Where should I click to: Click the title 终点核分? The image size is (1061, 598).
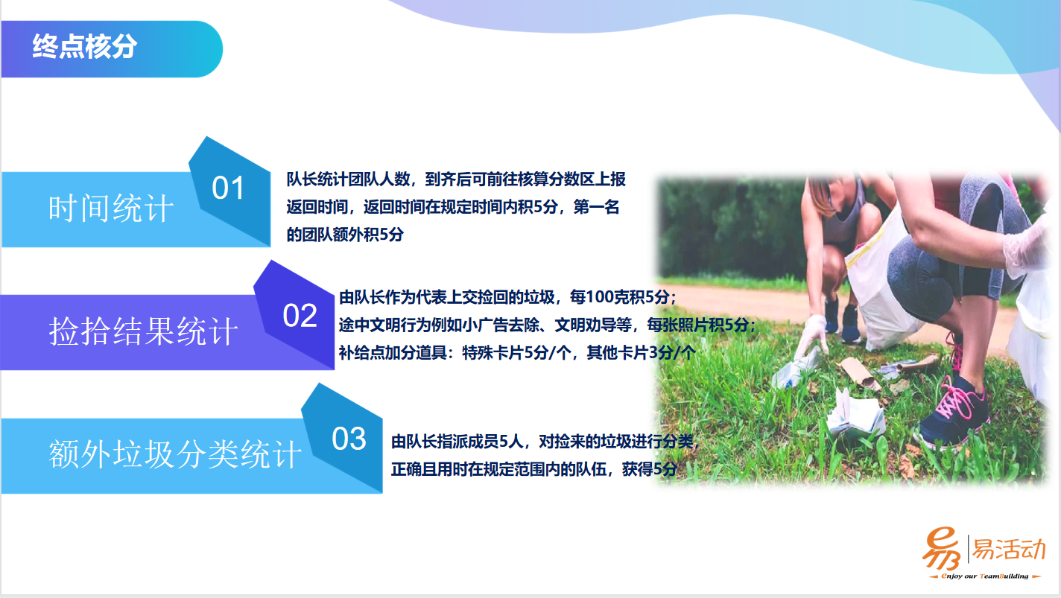pyautogui.click(x=85, y=47)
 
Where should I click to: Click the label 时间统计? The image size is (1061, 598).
pyautogui.click(x=111, y=209)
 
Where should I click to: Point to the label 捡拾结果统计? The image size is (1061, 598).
pyautogui.click(x=143, y=331)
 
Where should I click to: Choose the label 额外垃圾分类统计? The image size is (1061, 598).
pyautogui.click(x=175, y=454)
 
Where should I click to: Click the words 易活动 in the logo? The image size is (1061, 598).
pyautogui.click(x=1008, y=550)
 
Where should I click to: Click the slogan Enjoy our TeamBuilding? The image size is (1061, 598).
pyautogui.click(x=985, y=576)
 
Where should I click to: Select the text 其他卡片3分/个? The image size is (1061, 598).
pyautogui.click(x=641, y=353)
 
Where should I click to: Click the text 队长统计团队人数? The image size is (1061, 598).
pyautogui.click(x=348, y=179)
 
